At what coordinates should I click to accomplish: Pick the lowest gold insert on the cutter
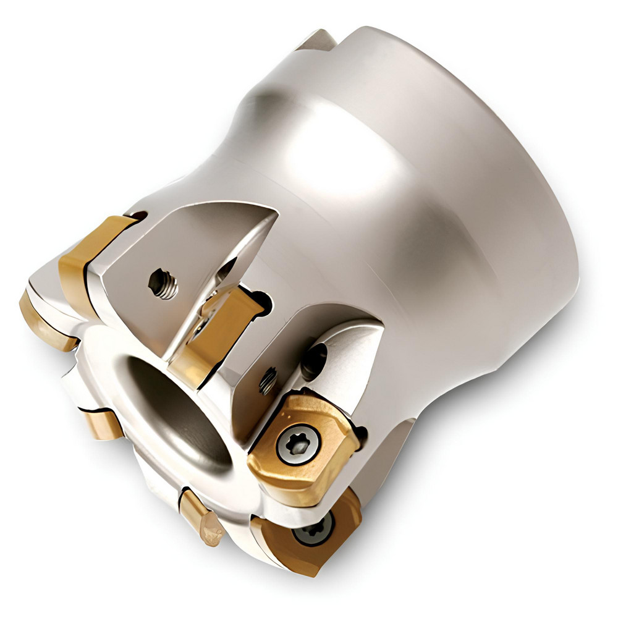[303, 538]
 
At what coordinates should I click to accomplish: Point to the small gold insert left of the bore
[101, 424]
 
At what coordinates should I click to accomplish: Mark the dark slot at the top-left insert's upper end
[138, 216]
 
